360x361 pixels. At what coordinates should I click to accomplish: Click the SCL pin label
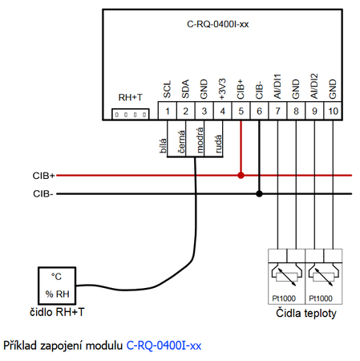[x=168, y=89]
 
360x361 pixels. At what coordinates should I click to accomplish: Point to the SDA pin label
[x=186, y=89]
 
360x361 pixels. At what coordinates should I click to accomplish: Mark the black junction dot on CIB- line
[x=259, y=193]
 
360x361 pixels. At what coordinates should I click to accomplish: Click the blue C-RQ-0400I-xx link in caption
[x=164, y=346]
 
